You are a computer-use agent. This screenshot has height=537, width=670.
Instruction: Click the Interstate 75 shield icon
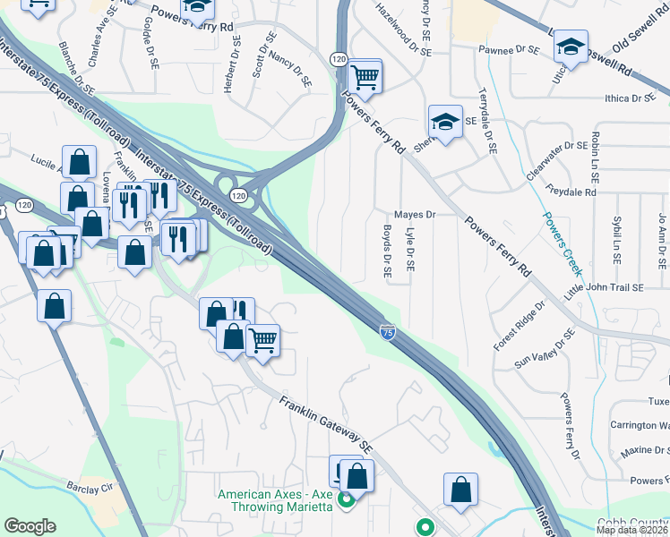tap(387, 332)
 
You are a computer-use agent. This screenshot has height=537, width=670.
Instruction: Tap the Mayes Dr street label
tap(414, 215)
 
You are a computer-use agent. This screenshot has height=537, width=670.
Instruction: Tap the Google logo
tap(30, 526)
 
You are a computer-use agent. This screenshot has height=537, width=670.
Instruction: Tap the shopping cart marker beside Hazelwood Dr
tap(365, 77)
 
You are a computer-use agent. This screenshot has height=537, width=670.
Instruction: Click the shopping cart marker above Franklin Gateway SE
tap(262, 341)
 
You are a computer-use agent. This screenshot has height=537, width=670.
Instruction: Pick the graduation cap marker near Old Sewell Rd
tap(571, 47)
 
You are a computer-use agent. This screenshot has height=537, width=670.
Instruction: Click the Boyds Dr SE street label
tap(388, 250)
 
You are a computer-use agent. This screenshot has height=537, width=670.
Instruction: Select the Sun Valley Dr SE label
tap(544, 350)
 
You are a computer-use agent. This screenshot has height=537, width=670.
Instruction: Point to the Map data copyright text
tap(632, 530)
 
